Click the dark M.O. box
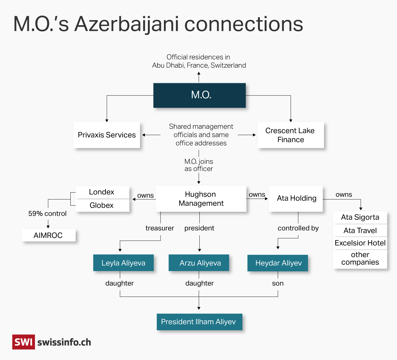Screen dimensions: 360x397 [199, 95]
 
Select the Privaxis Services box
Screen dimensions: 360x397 [107, 135]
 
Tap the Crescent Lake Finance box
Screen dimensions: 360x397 [291, 135]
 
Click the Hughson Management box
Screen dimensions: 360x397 [201, 199]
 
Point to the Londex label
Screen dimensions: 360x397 [102, 192]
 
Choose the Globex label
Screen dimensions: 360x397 [102, 205]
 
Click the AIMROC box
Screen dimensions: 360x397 [48, 235]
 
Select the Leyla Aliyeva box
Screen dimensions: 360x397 [123, 263]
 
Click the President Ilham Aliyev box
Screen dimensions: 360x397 [199, 322]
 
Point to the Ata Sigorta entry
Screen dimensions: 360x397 [360, 217]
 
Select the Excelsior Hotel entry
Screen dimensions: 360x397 [360, 243]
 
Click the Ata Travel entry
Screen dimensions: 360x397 [360, 230]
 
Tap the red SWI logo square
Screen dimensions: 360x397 [23, 342]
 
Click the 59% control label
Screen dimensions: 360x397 [47, 214]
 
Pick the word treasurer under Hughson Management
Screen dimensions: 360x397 [160, 228]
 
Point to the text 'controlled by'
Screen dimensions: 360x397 [298, 228]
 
